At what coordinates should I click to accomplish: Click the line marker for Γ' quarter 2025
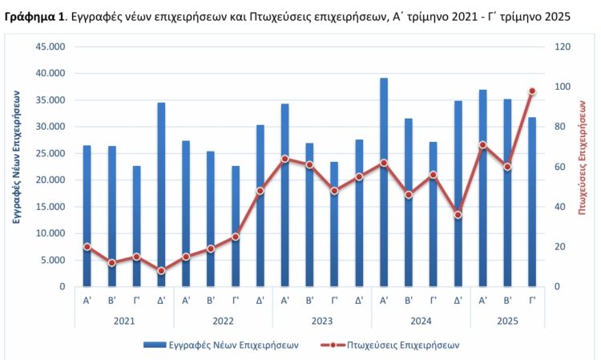click(532, 91)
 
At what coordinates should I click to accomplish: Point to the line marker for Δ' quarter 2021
click(161, 271)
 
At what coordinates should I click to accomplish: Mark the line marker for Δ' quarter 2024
click(458, 215)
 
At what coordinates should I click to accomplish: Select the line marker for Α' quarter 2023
click(284, 159)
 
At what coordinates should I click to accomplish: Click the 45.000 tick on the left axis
click(51, 47)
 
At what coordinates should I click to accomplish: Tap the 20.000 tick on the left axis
click(51, 180)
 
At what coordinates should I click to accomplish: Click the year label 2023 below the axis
click(321, 320)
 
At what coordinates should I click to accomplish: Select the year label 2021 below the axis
click(124, 320)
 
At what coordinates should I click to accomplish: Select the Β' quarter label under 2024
click(409, 301)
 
